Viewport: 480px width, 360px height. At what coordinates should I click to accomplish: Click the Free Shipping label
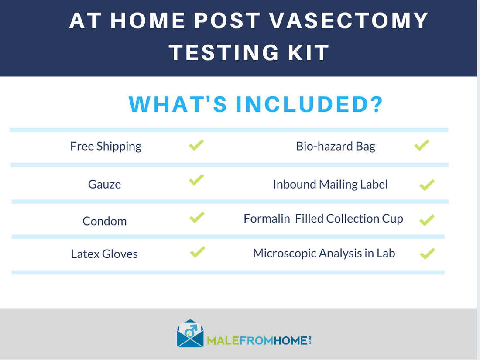[x=106, y=146]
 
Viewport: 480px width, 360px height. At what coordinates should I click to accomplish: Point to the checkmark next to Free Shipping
[x=196, y=145]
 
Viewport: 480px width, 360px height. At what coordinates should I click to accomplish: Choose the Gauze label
[x=104, y=184]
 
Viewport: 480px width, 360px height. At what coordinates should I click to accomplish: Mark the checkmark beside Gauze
[x=196, y=179]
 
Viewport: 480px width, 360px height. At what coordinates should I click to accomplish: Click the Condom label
[x=104, y=221]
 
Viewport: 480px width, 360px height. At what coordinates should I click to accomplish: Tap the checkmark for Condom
[x=197, y=217]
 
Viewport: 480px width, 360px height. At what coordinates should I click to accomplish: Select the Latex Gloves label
[x=104, y=254]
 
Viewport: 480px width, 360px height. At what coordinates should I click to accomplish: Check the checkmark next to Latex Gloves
[x=197, y=252]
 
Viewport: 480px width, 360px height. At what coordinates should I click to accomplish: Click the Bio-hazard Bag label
[x=336, y=146]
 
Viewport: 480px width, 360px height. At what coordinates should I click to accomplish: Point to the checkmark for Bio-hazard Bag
[x=422, y=145]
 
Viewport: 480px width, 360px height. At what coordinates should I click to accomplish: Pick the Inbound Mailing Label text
[x=330, y=184]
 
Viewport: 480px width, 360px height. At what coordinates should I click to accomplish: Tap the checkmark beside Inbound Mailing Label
[x=426, y=185]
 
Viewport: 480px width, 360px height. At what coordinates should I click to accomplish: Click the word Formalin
[x=267, y=218]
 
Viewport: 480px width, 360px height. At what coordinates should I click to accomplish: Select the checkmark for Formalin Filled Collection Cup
[x=426, y=220]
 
